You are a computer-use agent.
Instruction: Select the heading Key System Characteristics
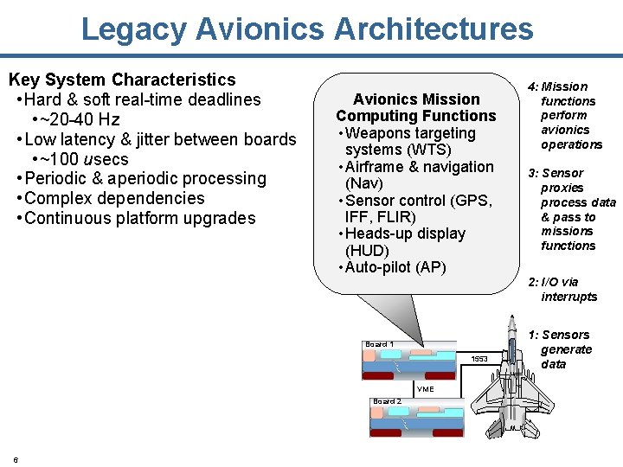coord(122,80)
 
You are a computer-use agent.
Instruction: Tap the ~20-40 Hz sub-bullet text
coord(80,119)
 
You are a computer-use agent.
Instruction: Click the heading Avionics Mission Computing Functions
coord(416,107)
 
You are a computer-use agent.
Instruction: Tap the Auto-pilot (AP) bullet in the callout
coord(395,267)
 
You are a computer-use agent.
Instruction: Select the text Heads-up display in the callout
coord(405,233)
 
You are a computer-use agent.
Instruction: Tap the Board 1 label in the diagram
coord(379,344)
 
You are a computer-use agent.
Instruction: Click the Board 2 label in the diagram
coord(386,401)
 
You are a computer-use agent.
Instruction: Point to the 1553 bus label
coord(479,359)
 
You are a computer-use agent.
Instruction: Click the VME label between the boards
coord(426,389)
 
